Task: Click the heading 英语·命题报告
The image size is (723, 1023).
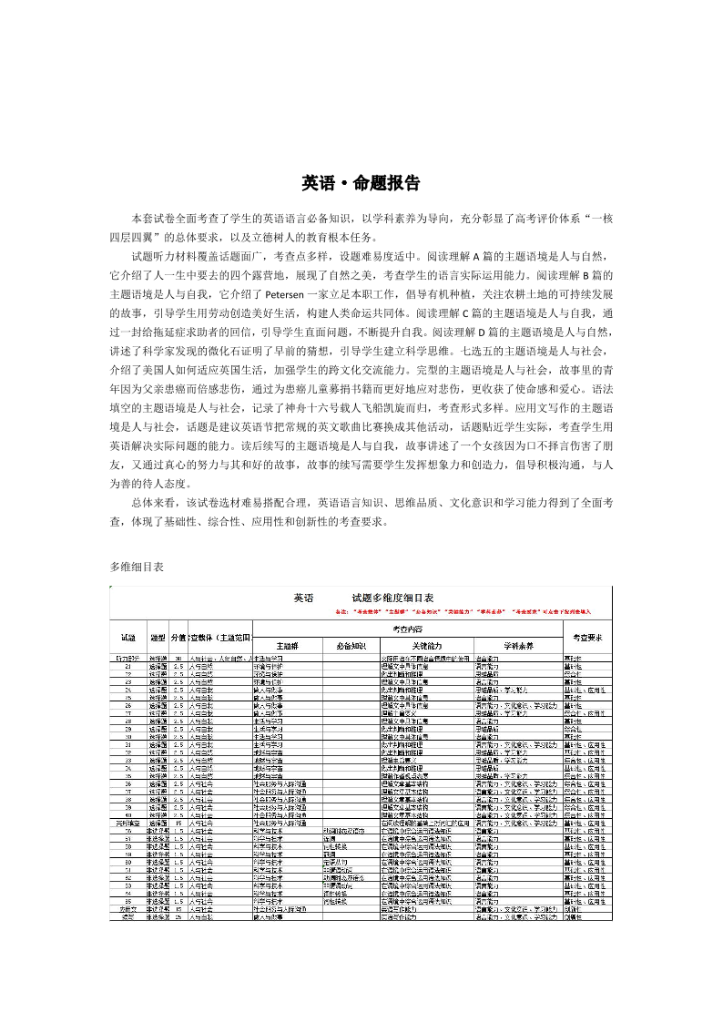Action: pyautogui.click(x=361, y=183)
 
